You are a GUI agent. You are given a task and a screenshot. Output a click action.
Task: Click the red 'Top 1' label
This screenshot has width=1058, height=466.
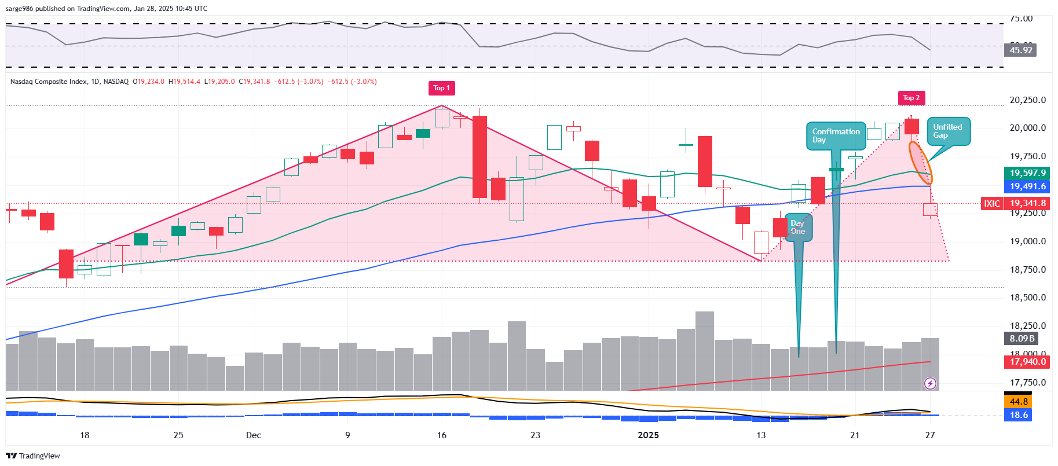pos(441,88)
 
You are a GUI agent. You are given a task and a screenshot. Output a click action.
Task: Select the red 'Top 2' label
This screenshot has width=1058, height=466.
pos(911,98)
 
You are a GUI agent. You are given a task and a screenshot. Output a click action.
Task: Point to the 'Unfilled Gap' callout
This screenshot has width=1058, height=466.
pos(948,131)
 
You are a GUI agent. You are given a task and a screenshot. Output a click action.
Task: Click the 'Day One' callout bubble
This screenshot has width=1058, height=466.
pos(797,228)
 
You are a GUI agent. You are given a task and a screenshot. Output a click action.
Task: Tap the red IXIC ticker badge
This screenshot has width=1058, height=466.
pos(992,203)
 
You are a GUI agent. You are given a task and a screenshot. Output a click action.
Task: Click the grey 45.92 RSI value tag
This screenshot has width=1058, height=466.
pos(1021,50)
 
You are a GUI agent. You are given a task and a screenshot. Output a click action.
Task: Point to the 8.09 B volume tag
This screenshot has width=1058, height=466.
pos(1022,339)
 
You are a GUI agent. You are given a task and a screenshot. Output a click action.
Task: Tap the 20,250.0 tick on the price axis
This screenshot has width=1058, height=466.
pos(1027,100)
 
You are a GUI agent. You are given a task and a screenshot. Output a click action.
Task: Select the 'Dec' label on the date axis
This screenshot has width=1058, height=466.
pos(254,435)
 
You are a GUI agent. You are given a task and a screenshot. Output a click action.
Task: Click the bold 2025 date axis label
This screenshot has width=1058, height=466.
pos(648,435)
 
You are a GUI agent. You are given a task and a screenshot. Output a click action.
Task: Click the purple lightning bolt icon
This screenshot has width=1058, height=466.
pos(930,383)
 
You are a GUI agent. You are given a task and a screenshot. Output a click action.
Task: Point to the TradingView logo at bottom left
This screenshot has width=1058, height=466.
pos(33,456)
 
